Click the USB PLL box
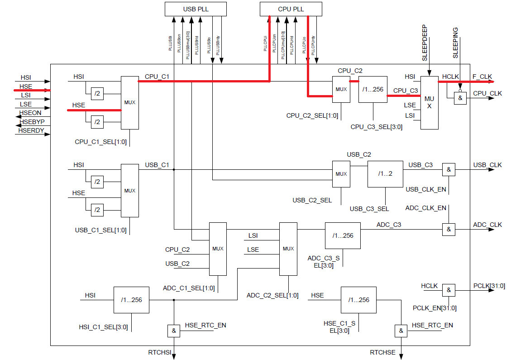pos(196,9)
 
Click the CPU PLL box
pos(291,9)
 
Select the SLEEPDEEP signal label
pos(425,43)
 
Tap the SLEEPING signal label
pos(455,43)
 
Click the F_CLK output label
pos(482,77)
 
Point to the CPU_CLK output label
pos(487,93)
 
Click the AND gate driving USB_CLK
pos(449,170)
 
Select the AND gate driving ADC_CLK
pos(449,230)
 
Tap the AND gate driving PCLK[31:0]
pos(449,290)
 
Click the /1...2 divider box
pos(385,174)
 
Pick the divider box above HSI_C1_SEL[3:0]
pos(131,300)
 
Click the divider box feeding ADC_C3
pos(343,235)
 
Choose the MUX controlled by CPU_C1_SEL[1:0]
pos(130,103)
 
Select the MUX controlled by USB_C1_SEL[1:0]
pos(130,191)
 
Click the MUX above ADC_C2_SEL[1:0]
pos(288,249)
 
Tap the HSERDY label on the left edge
pos(31,130)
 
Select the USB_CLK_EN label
pos(426,189)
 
